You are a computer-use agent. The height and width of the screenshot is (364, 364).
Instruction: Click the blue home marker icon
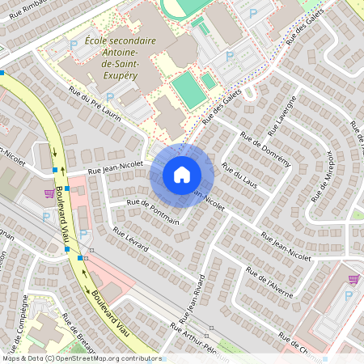point(182,174)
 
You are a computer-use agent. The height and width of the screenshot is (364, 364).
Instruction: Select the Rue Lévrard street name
point(130,239)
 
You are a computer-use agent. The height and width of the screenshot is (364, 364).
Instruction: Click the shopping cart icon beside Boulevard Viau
point(50,194)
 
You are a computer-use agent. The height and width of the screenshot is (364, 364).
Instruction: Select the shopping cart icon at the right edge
point(353,279)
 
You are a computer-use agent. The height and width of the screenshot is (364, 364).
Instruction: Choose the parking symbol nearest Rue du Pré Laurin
point(110,98)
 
